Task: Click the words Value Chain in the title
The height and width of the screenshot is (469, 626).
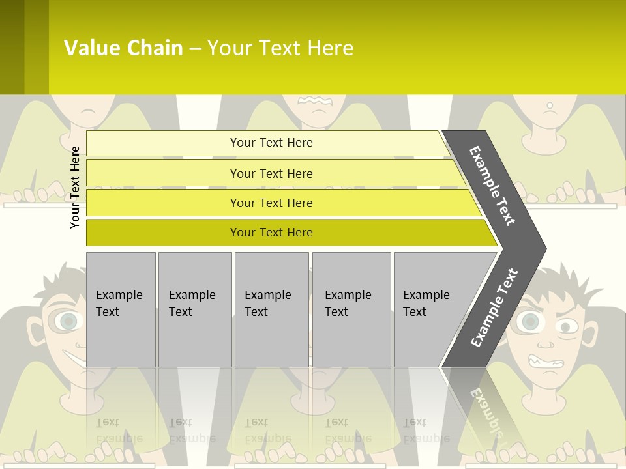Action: (123, 48)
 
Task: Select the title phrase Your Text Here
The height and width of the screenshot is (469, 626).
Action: (280, 48)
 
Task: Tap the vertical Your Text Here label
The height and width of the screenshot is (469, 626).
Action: (75, 187)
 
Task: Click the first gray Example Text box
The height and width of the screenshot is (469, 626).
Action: (121, 309)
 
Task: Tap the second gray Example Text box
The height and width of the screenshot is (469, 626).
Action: (195, 309)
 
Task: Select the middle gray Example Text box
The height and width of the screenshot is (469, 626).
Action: (271, 309)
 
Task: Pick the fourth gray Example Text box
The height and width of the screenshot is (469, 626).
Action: (351, 309)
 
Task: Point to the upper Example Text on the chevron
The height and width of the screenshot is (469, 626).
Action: (492, 186)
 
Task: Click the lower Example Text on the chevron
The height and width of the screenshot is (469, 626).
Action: (494, 307)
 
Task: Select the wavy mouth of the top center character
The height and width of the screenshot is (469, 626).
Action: (316, 100)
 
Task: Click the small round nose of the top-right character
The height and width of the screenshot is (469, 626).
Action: (550, 105)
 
